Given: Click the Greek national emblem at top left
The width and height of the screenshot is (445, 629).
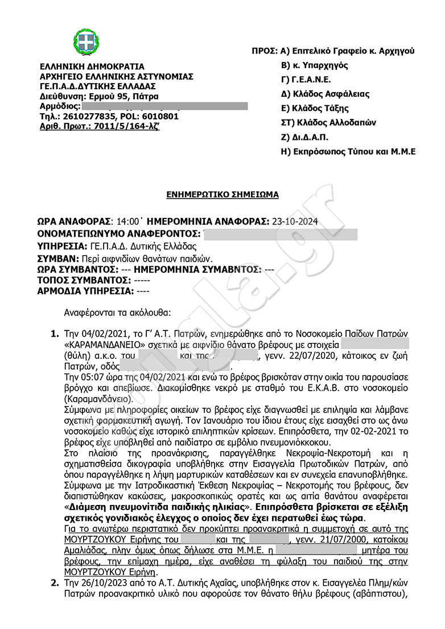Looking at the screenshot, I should [86, 41].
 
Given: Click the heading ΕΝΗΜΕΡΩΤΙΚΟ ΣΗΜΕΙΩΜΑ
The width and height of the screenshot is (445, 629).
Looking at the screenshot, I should [222, 195].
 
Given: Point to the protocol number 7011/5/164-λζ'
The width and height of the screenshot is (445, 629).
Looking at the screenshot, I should [122, 126].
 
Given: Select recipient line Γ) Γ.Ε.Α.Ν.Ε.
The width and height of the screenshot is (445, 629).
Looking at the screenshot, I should [306, 80].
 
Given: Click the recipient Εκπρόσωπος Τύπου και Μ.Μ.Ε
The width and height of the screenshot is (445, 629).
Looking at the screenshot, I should [352, 151].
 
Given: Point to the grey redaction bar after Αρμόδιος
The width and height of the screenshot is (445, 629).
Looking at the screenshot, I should [164, 106].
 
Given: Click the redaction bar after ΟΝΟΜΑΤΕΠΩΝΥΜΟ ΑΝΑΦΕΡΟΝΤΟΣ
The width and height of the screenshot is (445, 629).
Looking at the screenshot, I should [279, 234].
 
